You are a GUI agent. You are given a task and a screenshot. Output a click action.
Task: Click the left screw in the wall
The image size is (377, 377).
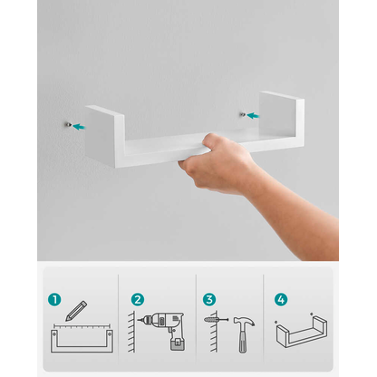[x=69, y=124]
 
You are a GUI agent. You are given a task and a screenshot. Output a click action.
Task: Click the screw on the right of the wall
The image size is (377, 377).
[x=243, y=114]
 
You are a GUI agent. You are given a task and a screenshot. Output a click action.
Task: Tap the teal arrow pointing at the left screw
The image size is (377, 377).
[x=79, y=127]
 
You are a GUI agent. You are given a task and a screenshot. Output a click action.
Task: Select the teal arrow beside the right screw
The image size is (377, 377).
[x=253, y=115]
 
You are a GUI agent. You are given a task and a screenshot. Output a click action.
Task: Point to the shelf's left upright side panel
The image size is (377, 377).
[x=104, y=136]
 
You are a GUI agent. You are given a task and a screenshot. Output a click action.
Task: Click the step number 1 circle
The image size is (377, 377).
[x=54, y=300]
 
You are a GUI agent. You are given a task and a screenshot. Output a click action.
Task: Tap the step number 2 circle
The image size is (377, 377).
[x=138, y=300]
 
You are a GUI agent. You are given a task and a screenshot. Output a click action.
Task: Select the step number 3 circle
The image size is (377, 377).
[x=209, y=300]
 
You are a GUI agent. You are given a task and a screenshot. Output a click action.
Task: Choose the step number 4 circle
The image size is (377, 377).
[x=281, y=300]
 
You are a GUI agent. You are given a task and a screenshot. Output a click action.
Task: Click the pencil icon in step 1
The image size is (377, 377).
[x=76, y=311]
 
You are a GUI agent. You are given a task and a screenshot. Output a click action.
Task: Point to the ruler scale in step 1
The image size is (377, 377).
[x=82, y=326]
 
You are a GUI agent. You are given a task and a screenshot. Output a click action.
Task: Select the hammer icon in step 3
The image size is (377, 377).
[x=244, y=334]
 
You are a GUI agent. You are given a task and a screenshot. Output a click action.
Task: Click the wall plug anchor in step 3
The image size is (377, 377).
[x=210, y=319]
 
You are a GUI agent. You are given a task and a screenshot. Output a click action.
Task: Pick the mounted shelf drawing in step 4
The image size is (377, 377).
[x=302, y=331]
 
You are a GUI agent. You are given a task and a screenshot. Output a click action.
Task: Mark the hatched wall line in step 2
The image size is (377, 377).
[x=131, y=332]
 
